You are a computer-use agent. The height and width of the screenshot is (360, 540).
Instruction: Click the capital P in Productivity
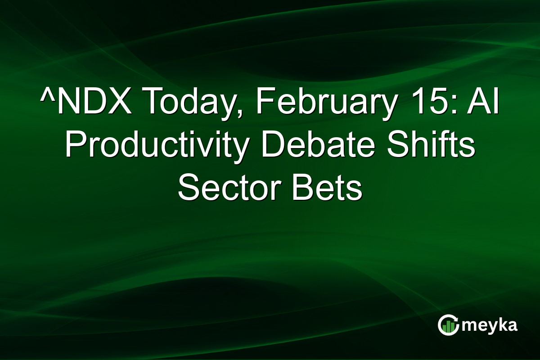76,148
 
